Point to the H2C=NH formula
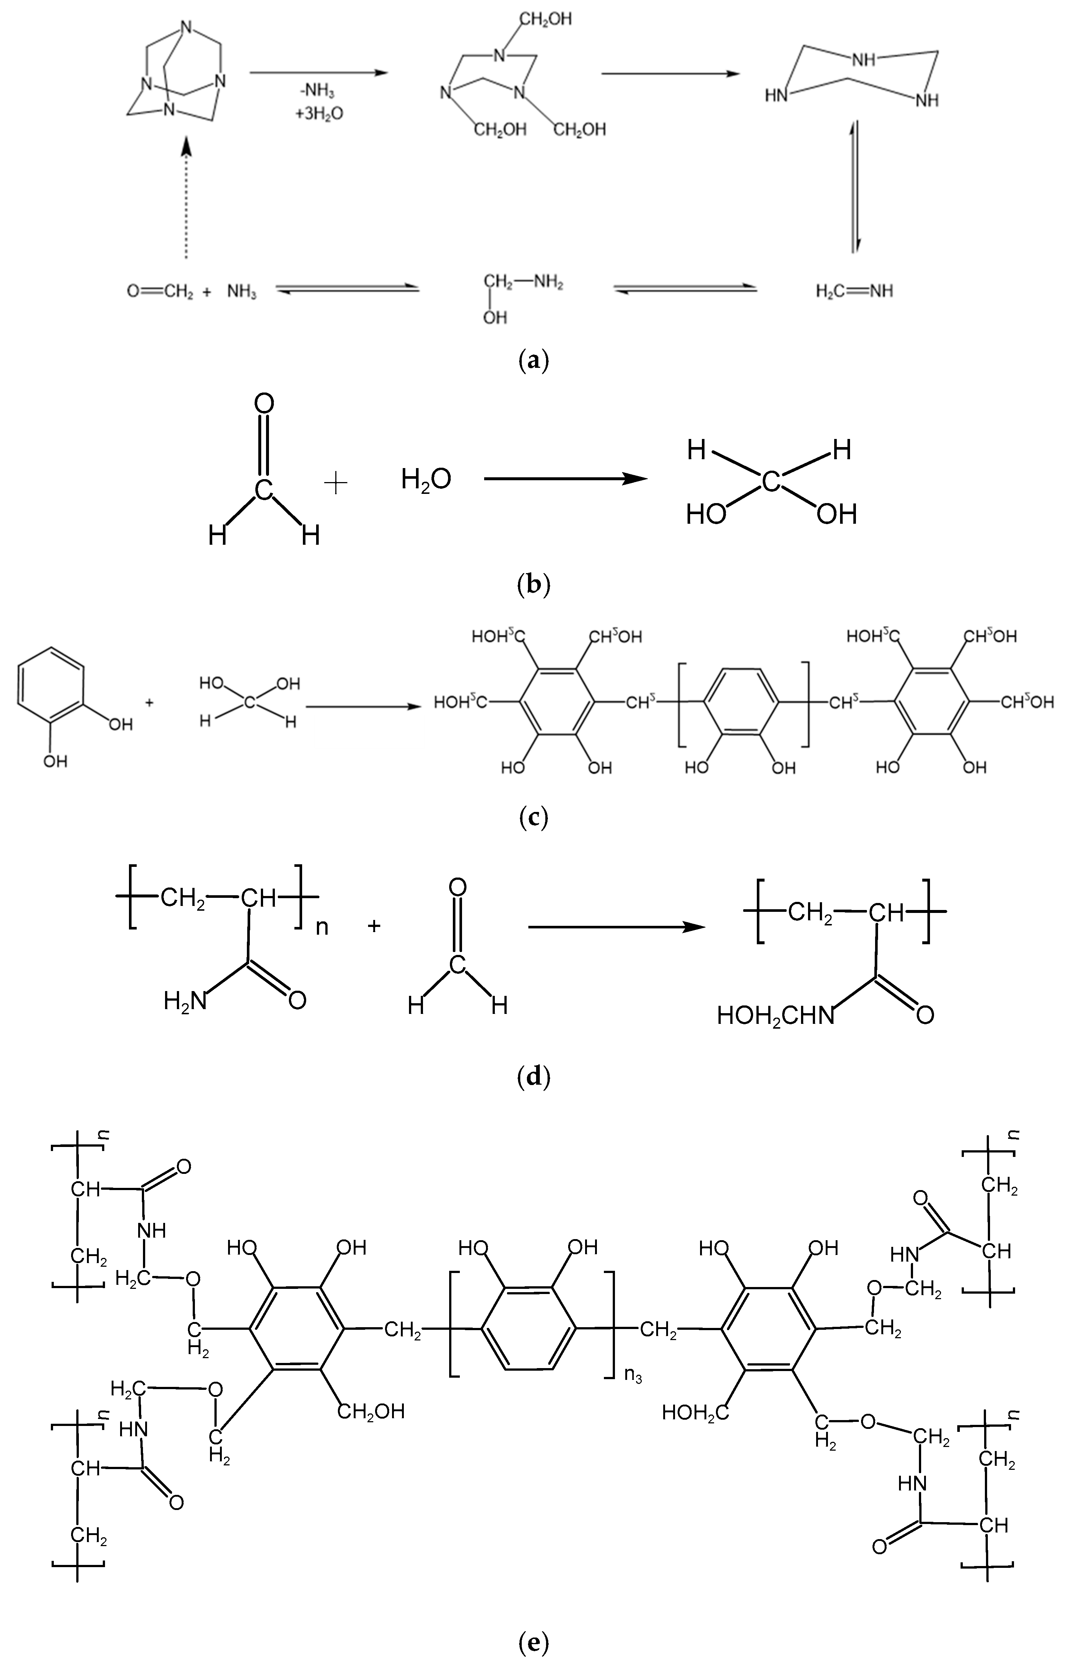tap(854, 290)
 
